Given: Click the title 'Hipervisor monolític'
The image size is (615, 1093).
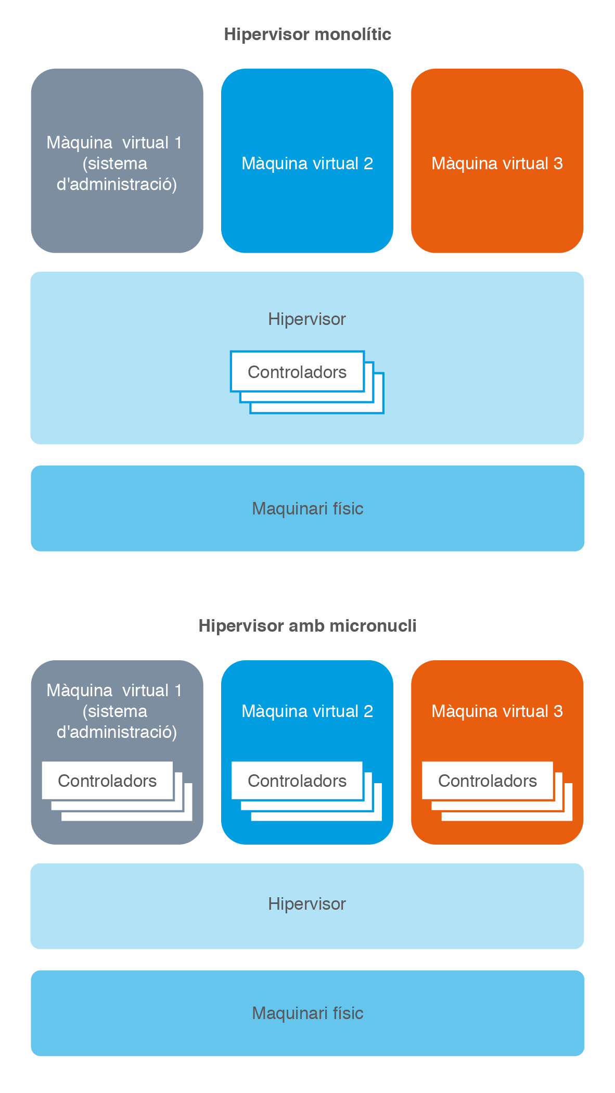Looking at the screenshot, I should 307,34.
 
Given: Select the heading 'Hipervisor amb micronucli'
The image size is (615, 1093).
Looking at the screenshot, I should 307,625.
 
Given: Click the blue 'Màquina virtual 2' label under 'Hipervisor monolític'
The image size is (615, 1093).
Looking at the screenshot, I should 307,164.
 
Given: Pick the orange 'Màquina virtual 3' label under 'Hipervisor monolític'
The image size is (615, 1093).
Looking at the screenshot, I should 497,164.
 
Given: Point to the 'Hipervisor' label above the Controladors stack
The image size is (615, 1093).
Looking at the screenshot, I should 306,319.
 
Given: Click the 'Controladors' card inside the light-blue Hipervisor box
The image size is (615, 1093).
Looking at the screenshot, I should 297,372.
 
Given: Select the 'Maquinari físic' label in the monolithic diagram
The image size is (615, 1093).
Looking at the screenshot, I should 307,508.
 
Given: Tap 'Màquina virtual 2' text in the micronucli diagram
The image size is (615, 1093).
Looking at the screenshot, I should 307,711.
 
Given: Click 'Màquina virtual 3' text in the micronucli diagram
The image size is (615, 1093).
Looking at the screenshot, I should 497,711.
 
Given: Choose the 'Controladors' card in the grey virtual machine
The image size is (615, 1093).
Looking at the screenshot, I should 107,781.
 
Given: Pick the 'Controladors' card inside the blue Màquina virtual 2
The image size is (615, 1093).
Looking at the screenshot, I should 297,781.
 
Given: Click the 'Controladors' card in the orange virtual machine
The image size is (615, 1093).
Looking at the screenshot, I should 488,781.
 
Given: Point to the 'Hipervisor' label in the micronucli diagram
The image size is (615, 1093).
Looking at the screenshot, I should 306,903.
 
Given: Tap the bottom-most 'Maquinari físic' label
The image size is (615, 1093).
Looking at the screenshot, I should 307,1013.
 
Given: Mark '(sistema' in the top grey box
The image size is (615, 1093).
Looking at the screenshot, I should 115,164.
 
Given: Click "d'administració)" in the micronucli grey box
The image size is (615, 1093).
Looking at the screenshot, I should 117,732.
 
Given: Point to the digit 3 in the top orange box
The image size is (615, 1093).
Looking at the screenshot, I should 558,164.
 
